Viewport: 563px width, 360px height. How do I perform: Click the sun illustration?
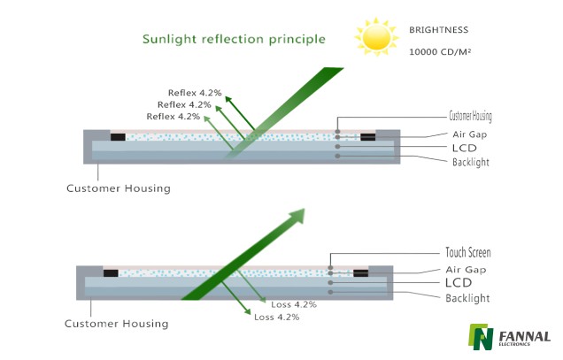(376, 37)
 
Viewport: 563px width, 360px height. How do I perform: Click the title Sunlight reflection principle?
(234, 39)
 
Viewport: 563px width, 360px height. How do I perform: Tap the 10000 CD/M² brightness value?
(440, 52)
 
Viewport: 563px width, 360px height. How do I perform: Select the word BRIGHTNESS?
(439, 30)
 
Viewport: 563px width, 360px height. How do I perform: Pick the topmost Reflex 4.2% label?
(195, 93)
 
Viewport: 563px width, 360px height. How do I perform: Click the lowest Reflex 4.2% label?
(174, 117)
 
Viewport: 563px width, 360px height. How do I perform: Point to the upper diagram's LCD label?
(464, 148)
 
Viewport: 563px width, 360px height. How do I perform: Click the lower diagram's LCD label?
(459, 283)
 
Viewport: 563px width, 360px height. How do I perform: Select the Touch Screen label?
(468, 252)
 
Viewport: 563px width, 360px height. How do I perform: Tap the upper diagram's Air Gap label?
(470, 134)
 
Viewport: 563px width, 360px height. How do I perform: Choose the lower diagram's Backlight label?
(467, 298)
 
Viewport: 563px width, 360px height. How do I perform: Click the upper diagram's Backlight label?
(471, 162)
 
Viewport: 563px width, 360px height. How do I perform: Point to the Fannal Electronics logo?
(509, 337)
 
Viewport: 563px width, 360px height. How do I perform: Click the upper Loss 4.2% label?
(294, 305)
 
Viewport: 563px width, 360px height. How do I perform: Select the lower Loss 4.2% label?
(276, 318)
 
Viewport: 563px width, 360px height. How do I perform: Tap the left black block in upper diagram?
(118, 137)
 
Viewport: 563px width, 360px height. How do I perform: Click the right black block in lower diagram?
(361, 273)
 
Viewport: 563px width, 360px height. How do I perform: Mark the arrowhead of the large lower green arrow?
(297, 216)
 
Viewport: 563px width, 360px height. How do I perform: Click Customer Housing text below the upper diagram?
(119, 188)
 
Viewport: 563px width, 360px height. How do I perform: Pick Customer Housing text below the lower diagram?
(116, 324)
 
